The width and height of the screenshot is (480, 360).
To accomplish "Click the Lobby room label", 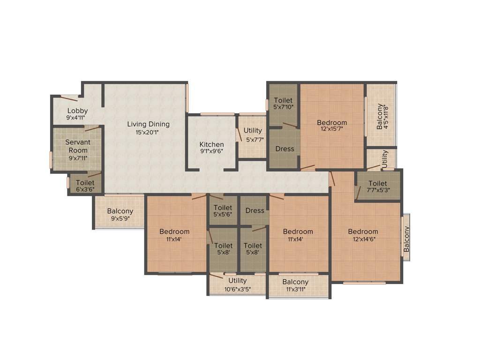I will [x=77, y=111].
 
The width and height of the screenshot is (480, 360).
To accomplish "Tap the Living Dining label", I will [x=149, y=124].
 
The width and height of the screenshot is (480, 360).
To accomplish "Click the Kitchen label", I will [x=211, y=144].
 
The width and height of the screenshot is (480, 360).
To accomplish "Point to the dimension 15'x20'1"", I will [x=149, y=133].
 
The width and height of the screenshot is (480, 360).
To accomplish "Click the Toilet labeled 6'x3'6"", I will [x=85, y=183].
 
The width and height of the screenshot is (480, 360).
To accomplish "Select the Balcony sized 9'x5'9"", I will [x=120, y=211].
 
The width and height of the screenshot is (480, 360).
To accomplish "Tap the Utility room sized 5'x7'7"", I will [x=253, y=131].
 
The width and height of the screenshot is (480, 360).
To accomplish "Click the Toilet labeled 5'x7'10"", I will [x=283, y=100].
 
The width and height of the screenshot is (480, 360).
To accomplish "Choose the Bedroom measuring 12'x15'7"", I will [x=332, y=123].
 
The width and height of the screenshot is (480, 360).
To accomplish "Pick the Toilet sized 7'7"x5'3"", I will [x=378, y=183].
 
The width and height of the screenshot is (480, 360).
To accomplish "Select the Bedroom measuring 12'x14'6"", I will [x=363, y=232].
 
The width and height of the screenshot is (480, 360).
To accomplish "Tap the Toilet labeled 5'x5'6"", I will [x=223, y=208].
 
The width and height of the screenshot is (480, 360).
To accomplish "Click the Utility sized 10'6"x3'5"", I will [x=238, y=281].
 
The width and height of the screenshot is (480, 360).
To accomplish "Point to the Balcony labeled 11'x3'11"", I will [x=295, y=282].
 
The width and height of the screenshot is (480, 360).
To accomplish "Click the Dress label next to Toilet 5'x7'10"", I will [x=285, y=149].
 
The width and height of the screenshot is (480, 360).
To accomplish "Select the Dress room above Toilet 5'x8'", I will [x=255, y=210].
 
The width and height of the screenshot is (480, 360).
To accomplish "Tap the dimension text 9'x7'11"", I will [x=77, y=158].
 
